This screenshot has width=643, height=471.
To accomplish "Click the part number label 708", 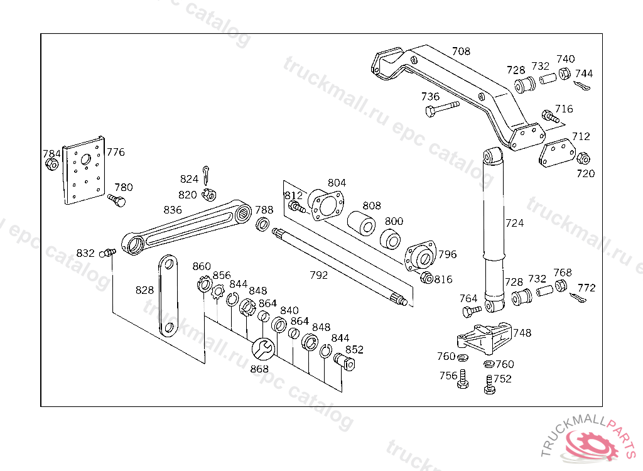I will coord(461,51).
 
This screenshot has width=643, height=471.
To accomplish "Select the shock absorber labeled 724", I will coord(494,226).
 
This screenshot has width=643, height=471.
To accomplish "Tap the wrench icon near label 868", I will coord(262,348).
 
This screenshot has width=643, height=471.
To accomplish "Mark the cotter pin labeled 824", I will coord(207,171).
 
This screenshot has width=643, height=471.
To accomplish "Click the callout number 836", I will coord(173,210).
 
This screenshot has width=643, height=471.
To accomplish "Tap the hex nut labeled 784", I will coord(52,165).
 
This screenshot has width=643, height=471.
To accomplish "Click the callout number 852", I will coord(354,350).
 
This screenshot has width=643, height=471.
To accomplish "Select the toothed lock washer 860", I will coord(203,284).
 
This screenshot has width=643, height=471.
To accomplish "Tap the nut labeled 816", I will coord(426,278).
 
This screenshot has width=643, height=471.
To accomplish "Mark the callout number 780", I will coord(123,187).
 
